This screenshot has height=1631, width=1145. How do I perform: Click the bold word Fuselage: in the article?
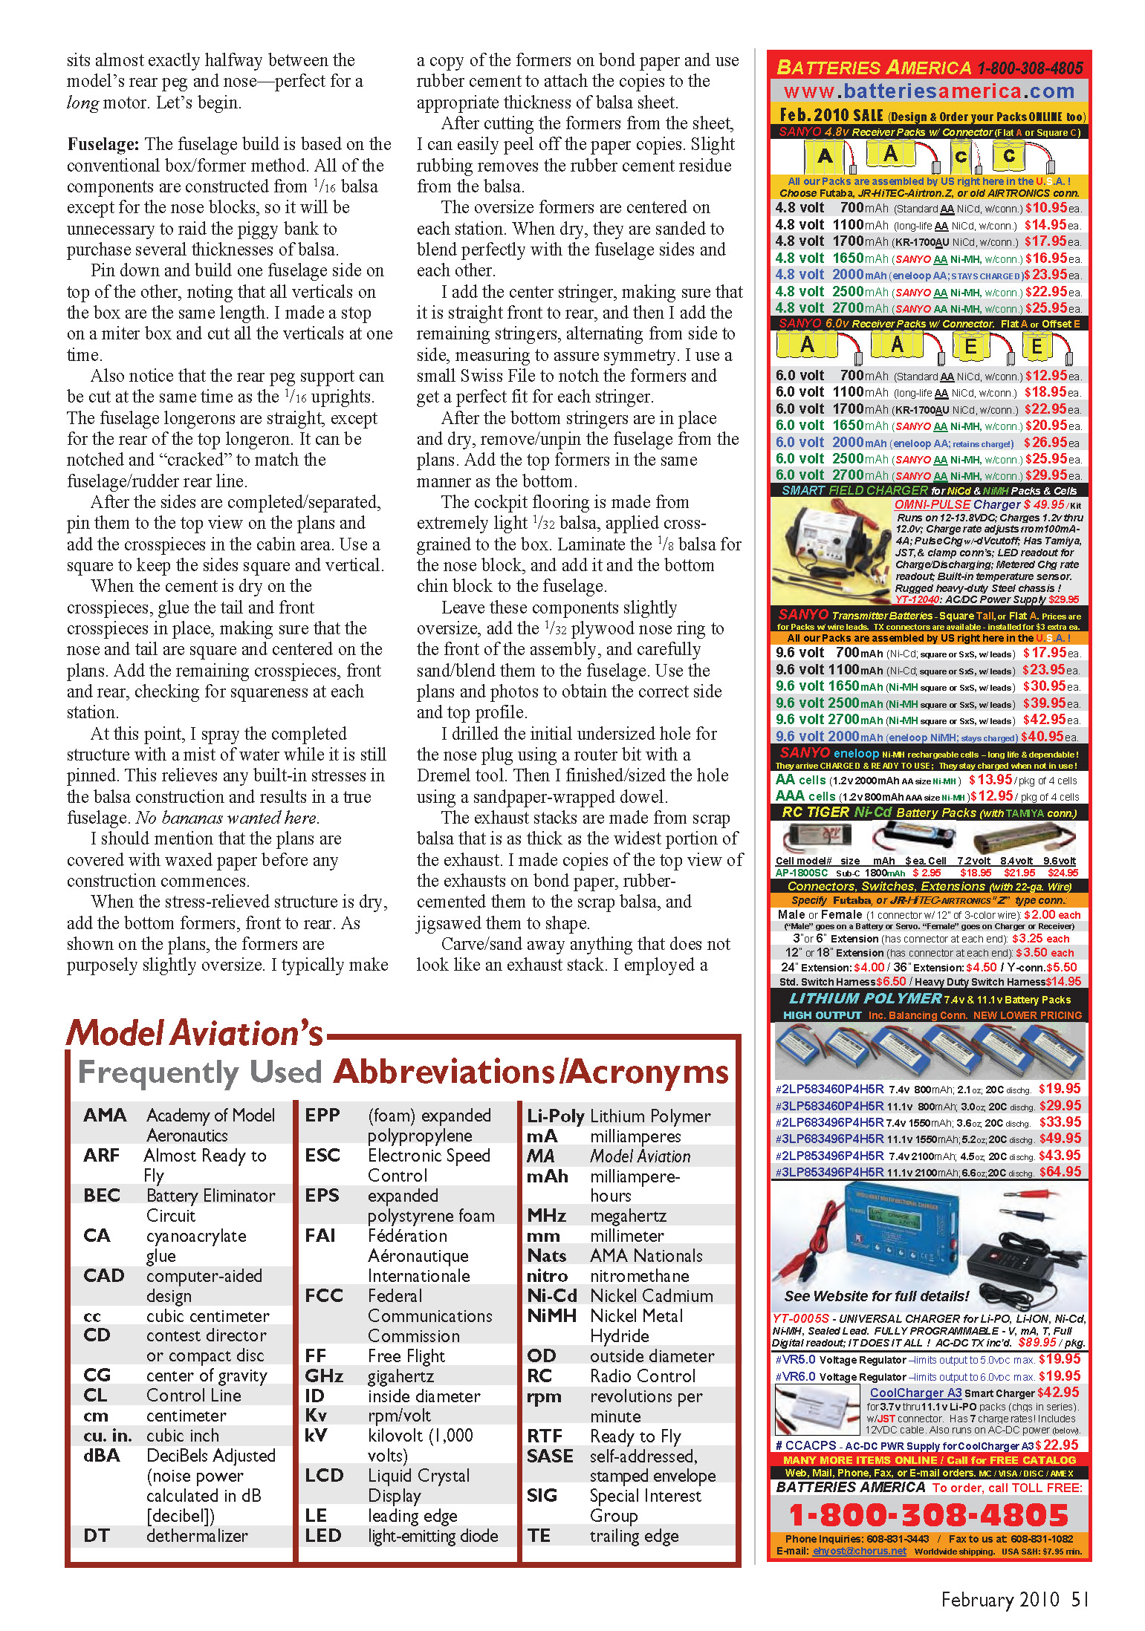(x=103, y=144)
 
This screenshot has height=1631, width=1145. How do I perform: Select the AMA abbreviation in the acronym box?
(x=105, y=1115)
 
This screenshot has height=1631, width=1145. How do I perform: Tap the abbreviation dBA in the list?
(x=102, y=1455)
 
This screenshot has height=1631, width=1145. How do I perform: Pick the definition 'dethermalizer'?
(x=197, y=1535)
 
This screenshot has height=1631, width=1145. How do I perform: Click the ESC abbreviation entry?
(x=322, y=1155)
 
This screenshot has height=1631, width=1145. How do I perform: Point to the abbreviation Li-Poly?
(x=555, y=1116)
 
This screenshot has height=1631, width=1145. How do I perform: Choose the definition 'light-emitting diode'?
(x=432, y=1535)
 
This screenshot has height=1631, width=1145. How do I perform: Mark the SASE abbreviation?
(x=550, y=1456)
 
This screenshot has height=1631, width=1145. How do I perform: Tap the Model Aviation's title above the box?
(x=195, y=1033)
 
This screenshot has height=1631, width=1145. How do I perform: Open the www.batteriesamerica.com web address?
(x=929, y=91)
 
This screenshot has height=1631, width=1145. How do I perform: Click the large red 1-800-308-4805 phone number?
(x=929, y=1515)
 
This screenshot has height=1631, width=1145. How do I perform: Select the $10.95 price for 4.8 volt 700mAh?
(x=1046, y=208)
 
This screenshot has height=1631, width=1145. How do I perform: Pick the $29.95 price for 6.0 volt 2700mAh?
(x=1046, y=475)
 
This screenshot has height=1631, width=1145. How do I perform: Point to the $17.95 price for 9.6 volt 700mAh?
(x=1045, y=653)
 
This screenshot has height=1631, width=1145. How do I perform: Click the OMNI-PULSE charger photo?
(x=831, y=550)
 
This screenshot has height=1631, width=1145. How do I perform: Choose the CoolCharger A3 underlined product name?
(x=915, y=1393)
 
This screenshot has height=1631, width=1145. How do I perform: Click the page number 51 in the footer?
(x=1080, y=1598)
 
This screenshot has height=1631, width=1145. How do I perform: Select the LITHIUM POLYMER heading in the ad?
(x=865, y=998)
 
